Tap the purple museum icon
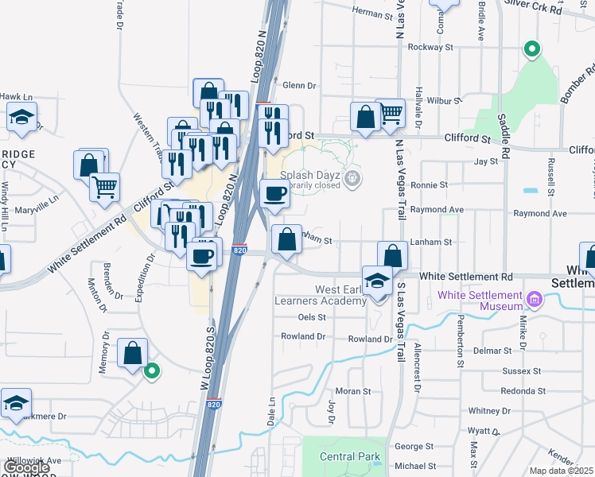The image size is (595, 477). tap(533, 301)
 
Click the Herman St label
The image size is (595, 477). tap(372, 14)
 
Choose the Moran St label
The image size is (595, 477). tap(353, 391)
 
